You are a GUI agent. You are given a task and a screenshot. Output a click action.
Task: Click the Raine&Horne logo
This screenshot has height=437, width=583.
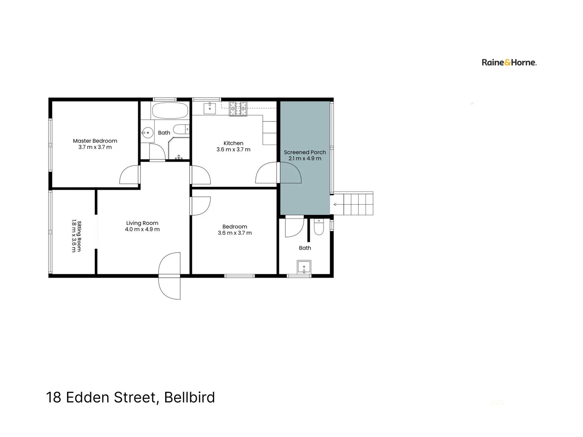(x=509, y=62)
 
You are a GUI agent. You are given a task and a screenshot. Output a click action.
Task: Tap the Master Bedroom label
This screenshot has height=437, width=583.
(x=95, y=141)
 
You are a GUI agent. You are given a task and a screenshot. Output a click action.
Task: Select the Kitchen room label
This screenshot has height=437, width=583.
(x=233, y=143)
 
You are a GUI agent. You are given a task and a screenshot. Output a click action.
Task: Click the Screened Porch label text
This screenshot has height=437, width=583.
(x=305, y=152)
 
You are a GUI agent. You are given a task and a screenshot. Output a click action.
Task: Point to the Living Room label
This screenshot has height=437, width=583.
(x=142, y=223)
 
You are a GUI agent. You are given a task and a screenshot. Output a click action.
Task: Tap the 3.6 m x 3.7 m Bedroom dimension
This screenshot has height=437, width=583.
(x=235, y=233)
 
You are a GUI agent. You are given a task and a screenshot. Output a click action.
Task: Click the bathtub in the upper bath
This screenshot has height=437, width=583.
(x=170, y=110)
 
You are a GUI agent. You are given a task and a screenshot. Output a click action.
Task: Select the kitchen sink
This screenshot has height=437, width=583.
(x=210, y=108)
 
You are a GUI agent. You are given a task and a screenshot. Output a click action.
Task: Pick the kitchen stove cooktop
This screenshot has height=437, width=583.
(x=238, y=108)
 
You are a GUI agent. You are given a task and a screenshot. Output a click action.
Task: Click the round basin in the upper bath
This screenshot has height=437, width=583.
(x=147, y=132)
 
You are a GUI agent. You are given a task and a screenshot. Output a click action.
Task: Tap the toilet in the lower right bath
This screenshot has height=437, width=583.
(x=319, y=228)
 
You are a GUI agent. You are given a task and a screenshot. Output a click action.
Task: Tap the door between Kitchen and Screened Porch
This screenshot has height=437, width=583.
(x=279, y=173)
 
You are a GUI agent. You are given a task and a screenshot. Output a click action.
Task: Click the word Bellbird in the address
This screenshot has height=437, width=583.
(x=189, y=397)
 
